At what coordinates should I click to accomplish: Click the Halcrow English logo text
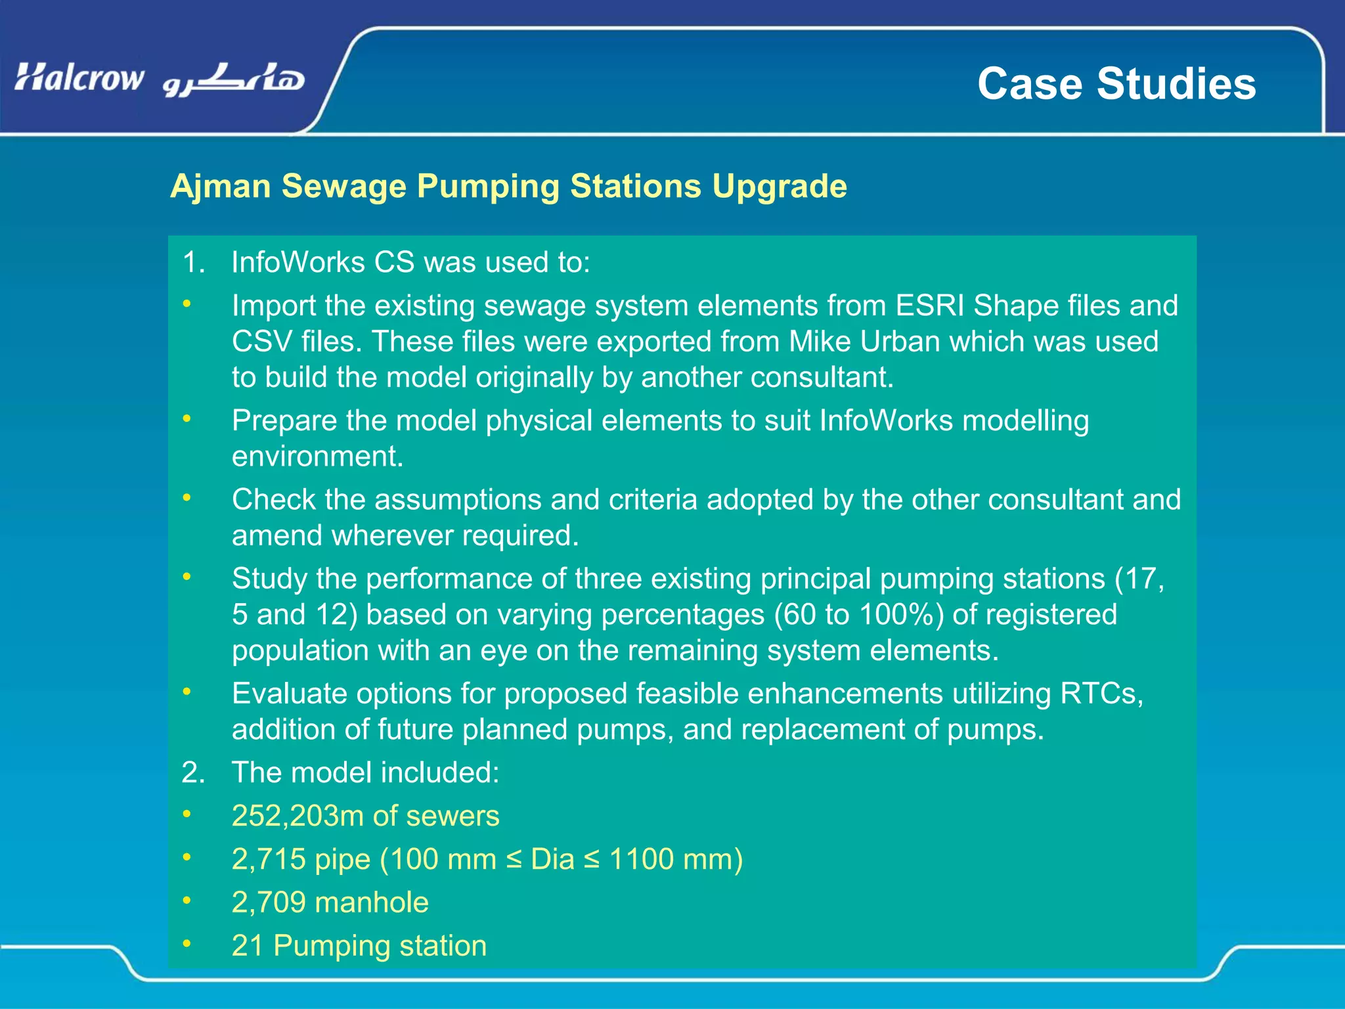coord(79,78)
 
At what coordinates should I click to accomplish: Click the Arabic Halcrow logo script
coord(234,80)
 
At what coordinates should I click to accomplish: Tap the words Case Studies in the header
coord(1116,84)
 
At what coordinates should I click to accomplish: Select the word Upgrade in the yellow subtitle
coord(780,187)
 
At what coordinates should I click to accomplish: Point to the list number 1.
coord(193,262)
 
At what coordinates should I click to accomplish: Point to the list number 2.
coord(193,773)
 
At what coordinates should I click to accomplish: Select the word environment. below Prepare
coord(317,457)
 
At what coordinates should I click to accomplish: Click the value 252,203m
coord(298,816)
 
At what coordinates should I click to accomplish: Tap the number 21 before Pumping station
coord(247,946)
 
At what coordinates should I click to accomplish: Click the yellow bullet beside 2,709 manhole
coord(187,900)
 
